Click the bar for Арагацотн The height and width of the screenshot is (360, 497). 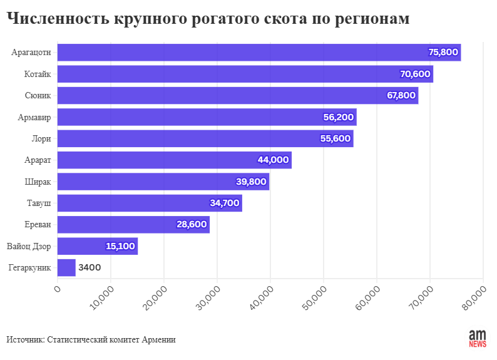[259, 53]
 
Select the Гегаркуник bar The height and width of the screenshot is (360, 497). [66, 268]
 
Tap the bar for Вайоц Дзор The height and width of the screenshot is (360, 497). [97, 246]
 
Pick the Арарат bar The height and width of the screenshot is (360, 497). [174, 160]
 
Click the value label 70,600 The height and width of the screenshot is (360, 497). [415, 74]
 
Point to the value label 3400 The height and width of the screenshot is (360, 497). [89, 268]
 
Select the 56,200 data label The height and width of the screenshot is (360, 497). [339, 117]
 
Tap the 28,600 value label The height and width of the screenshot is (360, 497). [192, 225]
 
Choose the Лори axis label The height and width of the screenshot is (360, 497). [41, 138]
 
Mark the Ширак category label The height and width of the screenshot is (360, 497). [38, 182]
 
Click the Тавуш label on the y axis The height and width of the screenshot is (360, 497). [38, 203]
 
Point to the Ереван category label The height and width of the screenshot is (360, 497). [37, 225]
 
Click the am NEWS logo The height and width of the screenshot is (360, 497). [478, 338]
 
